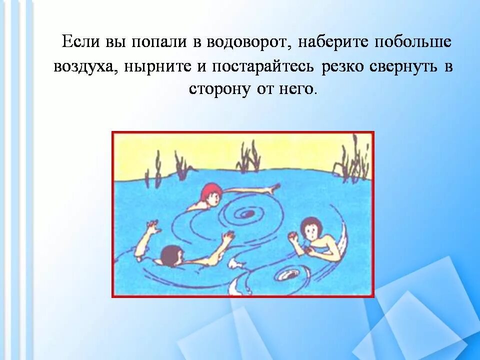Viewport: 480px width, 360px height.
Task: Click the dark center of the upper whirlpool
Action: [x=246, y=214]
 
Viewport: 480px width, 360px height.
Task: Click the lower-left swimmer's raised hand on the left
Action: [x=152, y=230]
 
